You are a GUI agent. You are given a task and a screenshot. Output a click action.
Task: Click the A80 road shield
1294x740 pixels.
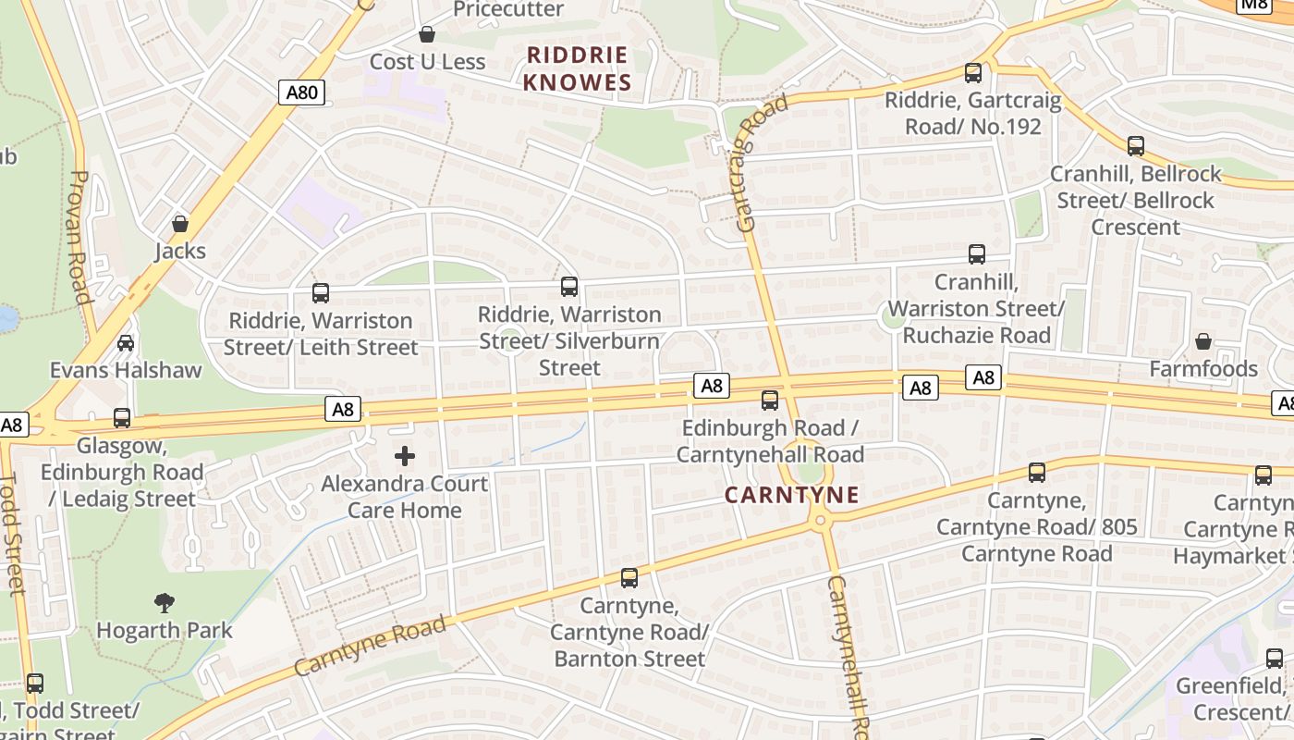pos(301,92)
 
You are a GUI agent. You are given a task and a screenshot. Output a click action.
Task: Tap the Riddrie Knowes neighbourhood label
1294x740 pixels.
pos(578,68)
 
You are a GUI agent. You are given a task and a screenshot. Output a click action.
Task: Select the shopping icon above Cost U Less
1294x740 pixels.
pos(427,35)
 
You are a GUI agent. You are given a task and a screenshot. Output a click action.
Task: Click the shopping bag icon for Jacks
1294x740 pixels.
pos(180,224)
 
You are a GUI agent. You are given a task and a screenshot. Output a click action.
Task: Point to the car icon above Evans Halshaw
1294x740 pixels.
pos(126,343)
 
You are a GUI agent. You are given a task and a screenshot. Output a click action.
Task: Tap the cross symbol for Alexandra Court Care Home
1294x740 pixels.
pos(405,456)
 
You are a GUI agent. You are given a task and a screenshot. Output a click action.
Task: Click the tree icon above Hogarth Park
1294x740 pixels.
pos(165,603)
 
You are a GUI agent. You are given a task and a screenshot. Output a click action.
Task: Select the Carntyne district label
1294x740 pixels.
pos(791,495)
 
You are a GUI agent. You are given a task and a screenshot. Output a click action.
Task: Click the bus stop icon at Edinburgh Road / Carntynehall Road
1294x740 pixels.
pos(770,401)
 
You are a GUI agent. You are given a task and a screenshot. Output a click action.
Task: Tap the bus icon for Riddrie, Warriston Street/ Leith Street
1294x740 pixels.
pos(321,293)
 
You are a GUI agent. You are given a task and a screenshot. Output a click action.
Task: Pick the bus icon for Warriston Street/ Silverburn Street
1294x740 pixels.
pos(569,287)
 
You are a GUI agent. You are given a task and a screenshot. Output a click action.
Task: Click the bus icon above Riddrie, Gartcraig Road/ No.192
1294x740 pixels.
pos(973,72)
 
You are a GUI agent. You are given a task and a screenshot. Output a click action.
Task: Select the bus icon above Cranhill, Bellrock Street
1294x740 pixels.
pos(1136,146)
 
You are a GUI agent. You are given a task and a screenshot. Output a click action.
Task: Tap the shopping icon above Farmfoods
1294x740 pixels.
pos(1203,342)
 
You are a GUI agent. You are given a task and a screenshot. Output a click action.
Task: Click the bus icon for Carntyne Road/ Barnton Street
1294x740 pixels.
pos(629,578)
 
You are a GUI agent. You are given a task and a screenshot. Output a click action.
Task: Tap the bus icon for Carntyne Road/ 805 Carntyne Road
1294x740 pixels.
pos(1037,473)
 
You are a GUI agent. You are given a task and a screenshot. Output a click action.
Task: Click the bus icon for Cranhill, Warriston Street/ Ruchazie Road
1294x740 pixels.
pos(977,254)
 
